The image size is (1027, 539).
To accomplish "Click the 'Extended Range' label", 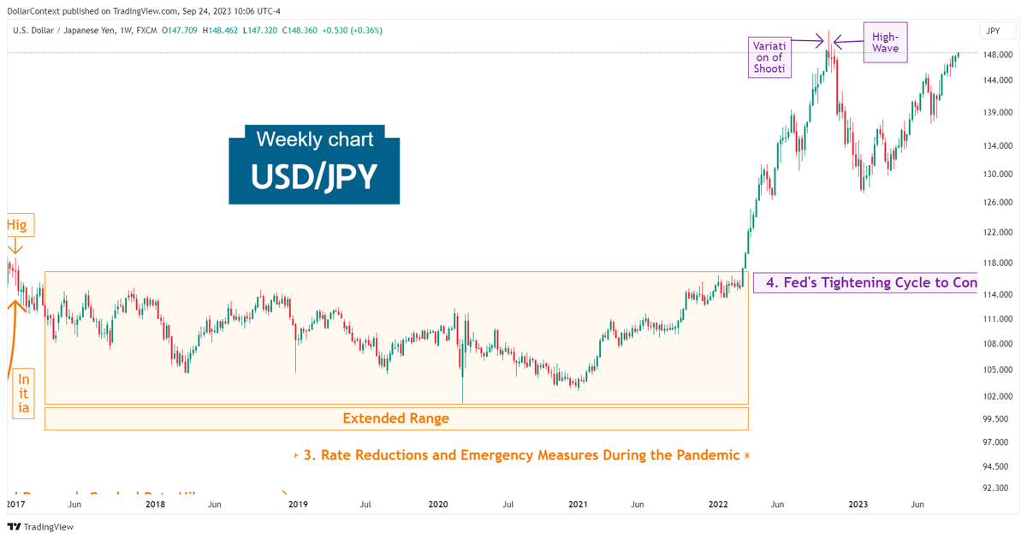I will [395, 418].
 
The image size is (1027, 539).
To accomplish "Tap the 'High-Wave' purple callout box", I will [884, 43].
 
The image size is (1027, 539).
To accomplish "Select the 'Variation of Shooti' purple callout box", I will [768, 56].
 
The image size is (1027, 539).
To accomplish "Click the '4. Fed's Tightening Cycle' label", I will [864, 282].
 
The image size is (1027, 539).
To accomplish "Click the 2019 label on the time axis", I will [297, 505].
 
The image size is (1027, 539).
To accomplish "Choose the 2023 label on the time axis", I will [858, 505].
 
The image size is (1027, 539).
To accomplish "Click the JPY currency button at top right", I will [993, 31].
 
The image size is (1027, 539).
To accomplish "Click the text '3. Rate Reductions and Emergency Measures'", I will [521, 455].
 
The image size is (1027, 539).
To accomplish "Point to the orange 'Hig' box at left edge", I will [16, 226].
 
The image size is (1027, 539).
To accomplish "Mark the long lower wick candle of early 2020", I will [462, 376].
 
